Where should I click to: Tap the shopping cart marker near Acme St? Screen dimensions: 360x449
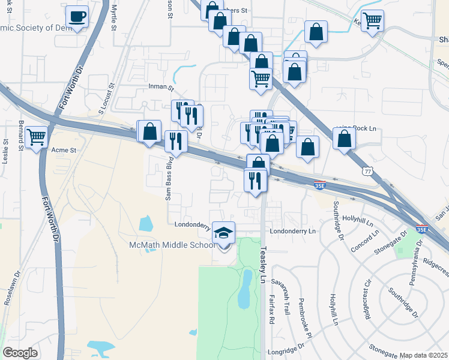coord(37,137)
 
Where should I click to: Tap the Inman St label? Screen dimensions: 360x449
coord(160,86)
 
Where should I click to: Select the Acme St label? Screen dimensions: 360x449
coord(64,150)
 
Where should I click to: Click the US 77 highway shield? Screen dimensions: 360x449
coord(367,172)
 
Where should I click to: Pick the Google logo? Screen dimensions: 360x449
coord(20,353)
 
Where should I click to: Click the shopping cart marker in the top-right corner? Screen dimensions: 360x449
coord(373,20)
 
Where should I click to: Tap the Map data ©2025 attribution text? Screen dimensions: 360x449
coord(423,355)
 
